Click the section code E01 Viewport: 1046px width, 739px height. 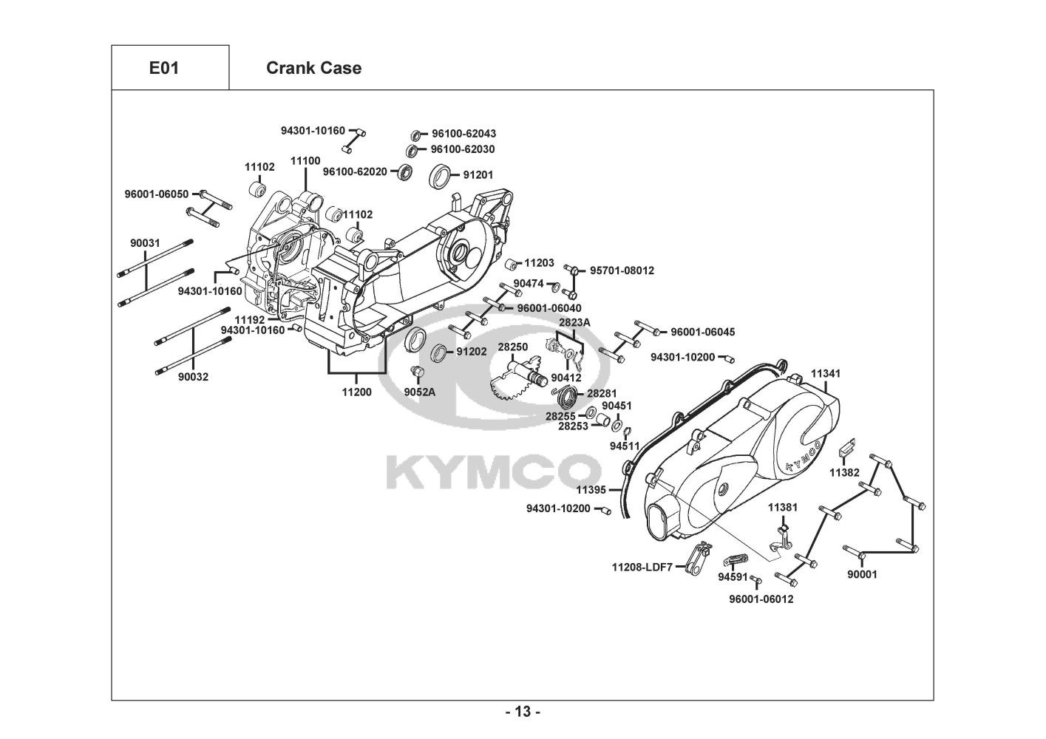tap(164, 68)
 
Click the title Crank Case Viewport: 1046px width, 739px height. tap(313, 68)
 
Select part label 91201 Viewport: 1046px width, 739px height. tap(478, 174)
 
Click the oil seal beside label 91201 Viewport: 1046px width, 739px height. tap(440, 177)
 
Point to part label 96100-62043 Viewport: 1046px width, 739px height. tap(463, 134)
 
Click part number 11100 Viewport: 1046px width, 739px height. tap(305, 161)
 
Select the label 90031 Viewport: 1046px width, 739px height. tap(145, 243)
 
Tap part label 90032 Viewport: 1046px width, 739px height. tap(194, 377)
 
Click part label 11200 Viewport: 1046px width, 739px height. tap(357, 392)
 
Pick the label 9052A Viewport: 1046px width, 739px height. tap(419, 392)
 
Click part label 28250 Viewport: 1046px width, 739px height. tap(513, 347)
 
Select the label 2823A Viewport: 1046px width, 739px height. tap(574, 323)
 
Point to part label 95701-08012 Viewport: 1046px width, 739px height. tap(622, 270)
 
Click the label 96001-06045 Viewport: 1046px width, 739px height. tap(703, 332)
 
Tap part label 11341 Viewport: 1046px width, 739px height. tap(826, 373)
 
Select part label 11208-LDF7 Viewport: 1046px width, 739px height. tap(642, 568)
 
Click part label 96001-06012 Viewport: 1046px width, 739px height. tap(761, 599)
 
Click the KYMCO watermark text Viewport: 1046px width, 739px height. tap(494, 472)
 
